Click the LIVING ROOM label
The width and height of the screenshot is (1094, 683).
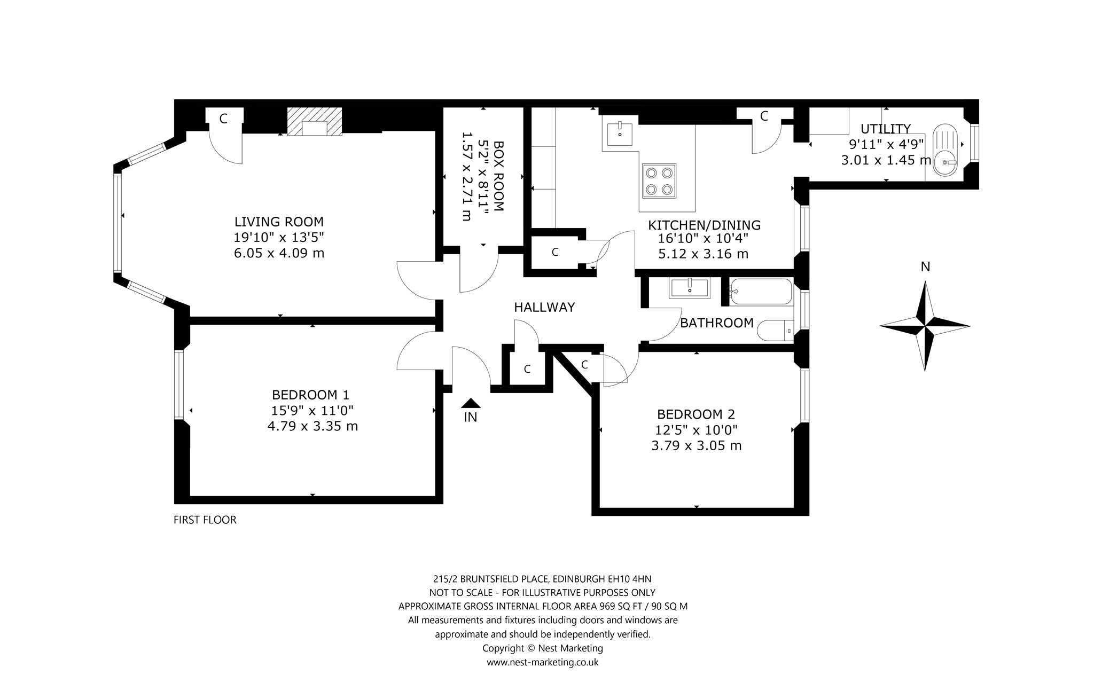[279, 221]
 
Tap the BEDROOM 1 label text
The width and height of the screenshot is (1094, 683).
[310, 395]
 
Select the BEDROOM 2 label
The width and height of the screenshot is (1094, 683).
[696, 414]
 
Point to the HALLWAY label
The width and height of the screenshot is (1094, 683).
[544, 307]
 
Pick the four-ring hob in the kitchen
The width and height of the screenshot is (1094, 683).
[659, 181]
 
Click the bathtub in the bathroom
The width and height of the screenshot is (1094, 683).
[760, 292]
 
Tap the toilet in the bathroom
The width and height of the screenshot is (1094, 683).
[776, 330]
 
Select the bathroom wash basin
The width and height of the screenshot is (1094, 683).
[689, 287]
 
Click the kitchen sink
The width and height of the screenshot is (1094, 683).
[620, 134]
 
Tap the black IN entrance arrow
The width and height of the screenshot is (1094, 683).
[470, 403]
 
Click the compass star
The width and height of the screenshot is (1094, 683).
[925, 326]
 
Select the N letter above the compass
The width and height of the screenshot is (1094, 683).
[925, 266]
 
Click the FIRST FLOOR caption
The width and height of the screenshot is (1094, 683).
[205, 520]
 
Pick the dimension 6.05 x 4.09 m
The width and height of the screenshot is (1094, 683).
[279, 253]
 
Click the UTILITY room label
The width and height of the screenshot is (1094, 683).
[885, 129]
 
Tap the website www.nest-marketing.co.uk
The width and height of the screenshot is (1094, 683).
[542, 662]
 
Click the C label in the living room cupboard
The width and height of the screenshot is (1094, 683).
[223, 119]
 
